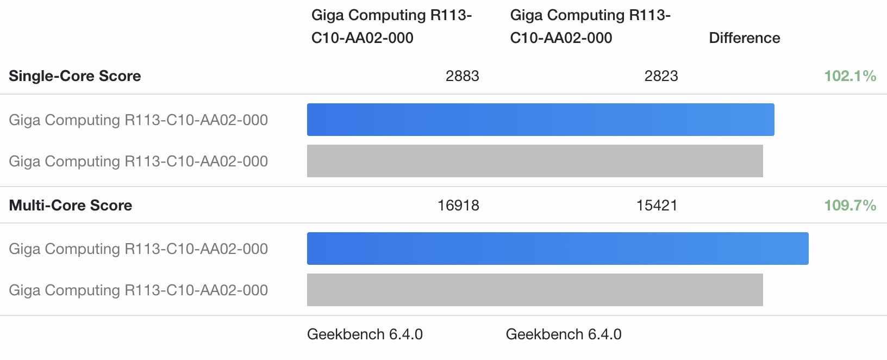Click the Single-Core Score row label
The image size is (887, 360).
coord(75,76)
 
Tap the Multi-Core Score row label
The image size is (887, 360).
coord(71,206)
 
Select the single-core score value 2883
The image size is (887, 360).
coord(462,76)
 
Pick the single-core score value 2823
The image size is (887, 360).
coord(661,76)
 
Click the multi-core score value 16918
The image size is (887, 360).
coord(458,206)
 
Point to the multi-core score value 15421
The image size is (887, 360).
coord(657,206)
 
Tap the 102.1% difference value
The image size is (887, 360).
coord(850,76)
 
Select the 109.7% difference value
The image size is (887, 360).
coord(850,206)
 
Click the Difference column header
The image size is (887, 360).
coord(744,38)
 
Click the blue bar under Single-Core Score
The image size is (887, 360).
coord(540,120)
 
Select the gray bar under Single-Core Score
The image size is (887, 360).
coord(535,161)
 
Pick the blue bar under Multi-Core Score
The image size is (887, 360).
coord(558,249)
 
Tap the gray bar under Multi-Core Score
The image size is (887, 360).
coord(535,290)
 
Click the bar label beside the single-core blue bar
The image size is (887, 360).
coord(138,120)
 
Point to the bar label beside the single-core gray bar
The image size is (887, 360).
coord(138,161)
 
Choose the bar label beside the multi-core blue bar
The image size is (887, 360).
coord(138,249)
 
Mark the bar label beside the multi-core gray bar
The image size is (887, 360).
coord(138,290)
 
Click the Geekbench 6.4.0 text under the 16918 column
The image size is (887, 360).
coord(365,334)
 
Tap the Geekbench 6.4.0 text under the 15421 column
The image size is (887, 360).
coord(564,334)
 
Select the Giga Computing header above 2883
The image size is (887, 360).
coord(391,26)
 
